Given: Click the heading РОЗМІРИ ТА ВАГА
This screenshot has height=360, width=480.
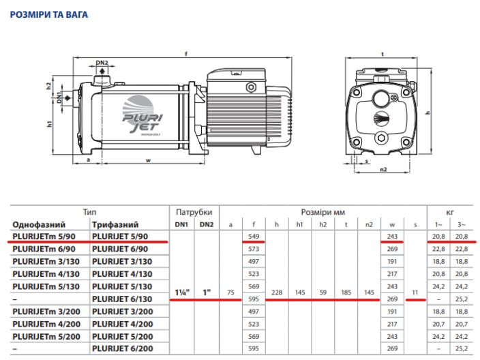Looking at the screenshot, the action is point(49,14).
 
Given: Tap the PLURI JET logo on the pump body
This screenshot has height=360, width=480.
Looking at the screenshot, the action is point(141,115).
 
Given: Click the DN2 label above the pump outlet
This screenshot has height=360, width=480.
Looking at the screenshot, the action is point(102,63).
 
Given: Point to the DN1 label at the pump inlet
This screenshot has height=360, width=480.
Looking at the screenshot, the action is point(59,97).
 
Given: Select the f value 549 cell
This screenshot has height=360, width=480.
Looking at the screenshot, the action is point(254,237).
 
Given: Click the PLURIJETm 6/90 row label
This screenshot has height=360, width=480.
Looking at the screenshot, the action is point(44,249).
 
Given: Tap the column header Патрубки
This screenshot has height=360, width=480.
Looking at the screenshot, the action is point(194,212).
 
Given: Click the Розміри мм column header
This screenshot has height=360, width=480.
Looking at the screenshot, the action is point(323,212).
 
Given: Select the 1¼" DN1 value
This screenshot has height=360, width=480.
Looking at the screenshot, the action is point(182,292).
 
